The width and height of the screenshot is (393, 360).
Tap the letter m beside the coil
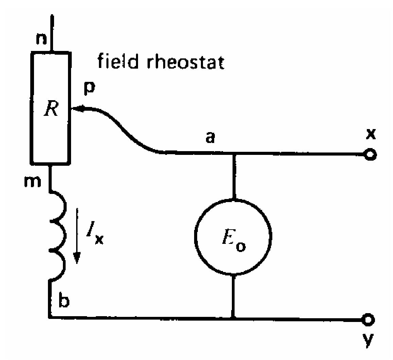pos(29,182)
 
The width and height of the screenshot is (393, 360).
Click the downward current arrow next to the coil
pos(78,238)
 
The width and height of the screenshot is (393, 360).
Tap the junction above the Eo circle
pos(233,154)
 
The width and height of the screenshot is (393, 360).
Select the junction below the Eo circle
pos(233,319)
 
